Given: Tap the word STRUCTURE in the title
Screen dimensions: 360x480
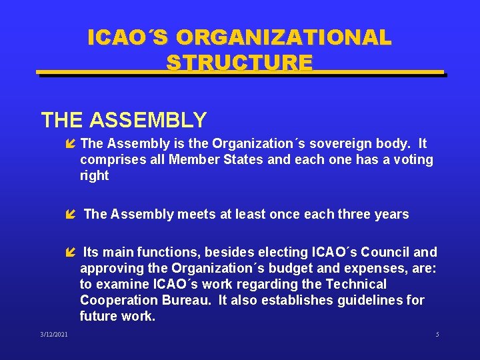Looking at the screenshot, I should [x=239, y=63].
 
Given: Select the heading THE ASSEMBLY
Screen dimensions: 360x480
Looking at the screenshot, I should [x=124, y=120].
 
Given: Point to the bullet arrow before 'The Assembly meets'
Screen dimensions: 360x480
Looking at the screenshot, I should [x=71, y=215].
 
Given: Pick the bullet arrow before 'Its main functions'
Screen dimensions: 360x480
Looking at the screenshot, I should [x=71, y=253].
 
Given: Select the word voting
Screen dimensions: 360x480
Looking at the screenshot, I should [x=408, y=159].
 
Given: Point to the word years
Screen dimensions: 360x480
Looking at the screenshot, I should [x=393, y=214].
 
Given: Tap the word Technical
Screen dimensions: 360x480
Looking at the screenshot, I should [x=357, y=284].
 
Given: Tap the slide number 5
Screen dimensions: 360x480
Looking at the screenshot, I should [x=437, y=334].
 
